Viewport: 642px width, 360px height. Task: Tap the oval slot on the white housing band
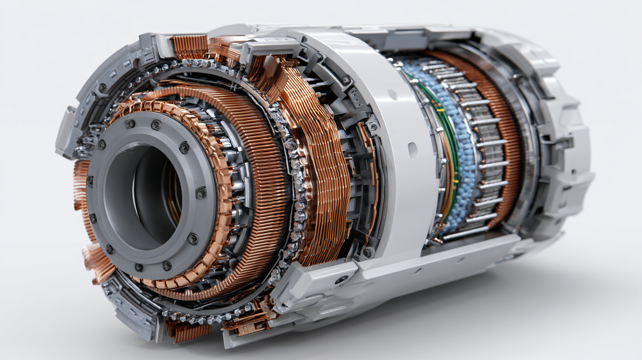pyautogui.click(x=413, y=150)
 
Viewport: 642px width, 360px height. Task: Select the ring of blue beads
pyautogui.click(x=463, y=146)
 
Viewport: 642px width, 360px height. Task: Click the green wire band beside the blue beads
pyautogui.click(x=452, y=146)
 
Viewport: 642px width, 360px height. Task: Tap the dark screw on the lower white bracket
pyautogui.click(x=340, y=279)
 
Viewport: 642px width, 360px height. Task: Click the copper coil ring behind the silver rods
pyautogui.click(x=507, y=132)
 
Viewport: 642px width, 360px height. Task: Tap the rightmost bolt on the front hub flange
pyautogui.click(x=201, y=193)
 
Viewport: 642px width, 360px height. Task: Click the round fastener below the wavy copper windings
pyautogui.click(x=367, y=252)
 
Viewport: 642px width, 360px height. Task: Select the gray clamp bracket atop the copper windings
pyautogui.click(x=269, y=49)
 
